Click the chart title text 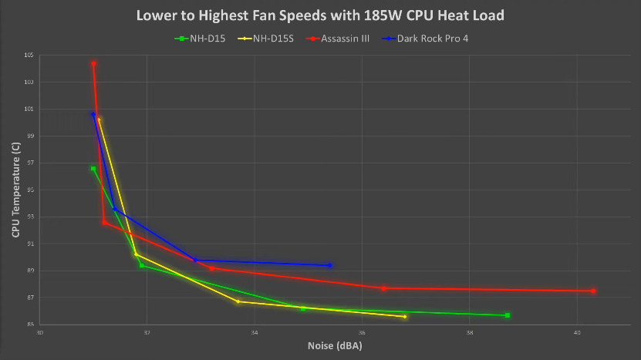coord(320,15)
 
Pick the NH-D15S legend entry coord(271,38)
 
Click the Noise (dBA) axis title coord(334,346)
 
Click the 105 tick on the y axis coord(29,56)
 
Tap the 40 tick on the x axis coord(577,332)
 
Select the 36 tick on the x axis coord(362,332)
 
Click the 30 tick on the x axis coord(39,332)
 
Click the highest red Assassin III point coord(93,63)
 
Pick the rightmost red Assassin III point coord(593,291)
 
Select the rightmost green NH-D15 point coord(508,315)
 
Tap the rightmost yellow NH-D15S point coord(405,317)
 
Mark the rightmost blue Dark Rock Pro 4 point coord(330,265)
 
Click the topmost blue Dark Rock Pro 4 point coord(93,114)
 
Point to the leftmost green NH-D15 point coord(93,168)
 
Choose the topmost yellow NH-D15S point coord(99,119)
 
